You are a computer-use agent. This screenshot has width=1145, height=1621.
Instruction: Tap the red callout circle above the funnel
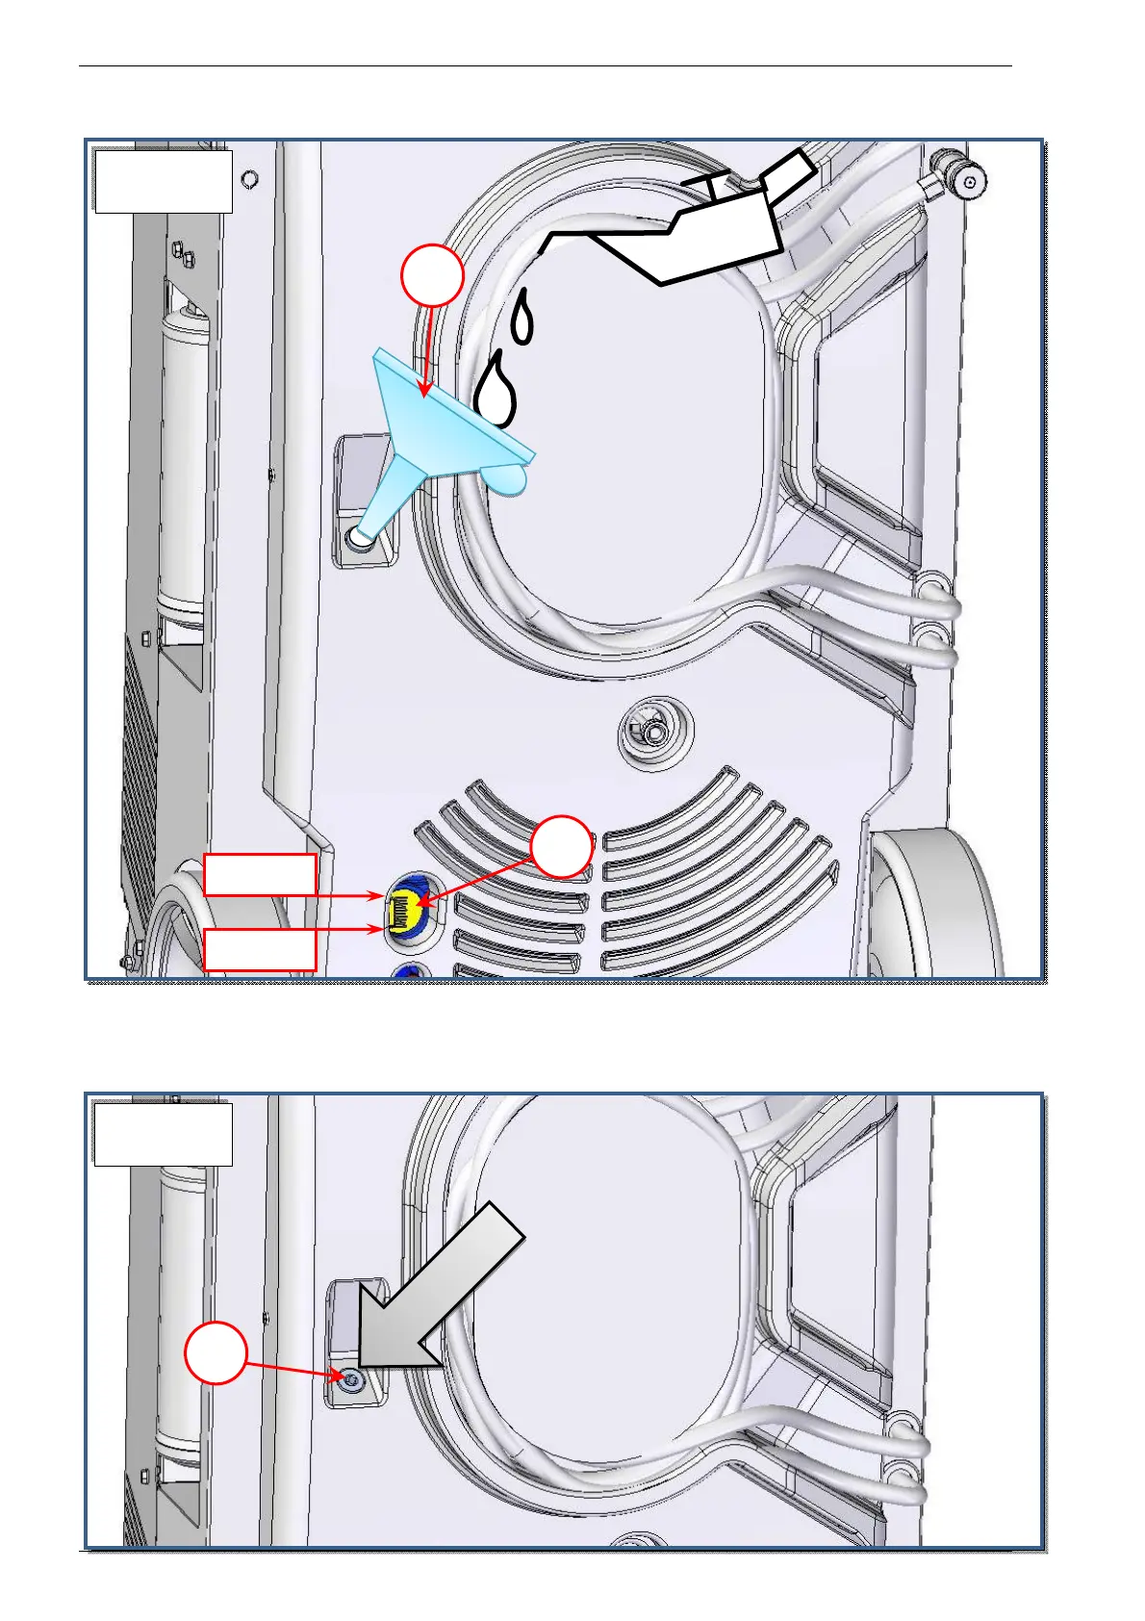(433, 276)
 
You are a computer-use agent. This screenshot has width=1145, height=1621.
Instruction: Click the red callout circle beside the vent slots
(562, 847)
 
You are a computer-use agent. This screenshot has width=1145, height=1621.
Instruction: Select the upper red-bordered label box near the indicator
(260, 875)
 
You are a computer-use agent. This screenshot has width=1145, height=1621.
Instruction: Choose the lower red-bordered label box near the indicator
(260, 949)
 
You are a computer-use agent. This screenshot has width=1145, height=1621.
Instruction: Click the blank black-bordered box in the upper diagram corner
(163, 181)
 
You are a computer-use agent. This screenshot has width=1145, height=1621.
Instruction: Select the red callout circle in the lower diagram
(216, 1352)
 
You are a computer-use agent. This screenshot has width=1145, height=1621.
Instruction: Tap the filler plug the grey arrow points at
(352, 1379)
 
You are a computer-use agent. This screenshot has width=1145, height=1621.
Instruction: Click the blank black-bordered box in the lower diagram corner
(163, 1134)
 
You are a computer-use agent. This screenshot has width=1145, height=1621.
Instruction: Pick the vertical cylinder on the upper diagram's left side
(184, 462)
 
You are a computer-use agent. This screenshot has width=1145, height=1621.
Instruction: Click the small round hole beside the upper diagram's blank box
(250, 179)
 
